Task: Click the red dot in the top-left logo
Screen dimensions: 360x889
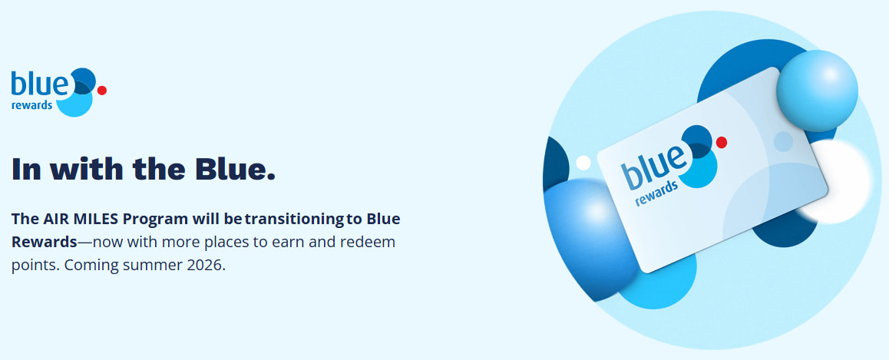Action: point(102,90)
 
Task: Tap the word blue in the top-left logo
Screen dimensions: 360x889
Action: point(39,84)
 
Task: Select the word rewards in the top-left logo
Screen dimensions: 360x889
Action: point(32,106)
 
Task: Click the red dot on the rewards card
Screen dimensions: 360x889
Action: point(721,142)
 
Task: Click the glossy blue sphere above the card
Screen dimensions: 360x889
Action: point(816,91)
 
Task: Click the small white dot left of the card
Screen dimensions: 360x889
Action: point(583,163)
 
